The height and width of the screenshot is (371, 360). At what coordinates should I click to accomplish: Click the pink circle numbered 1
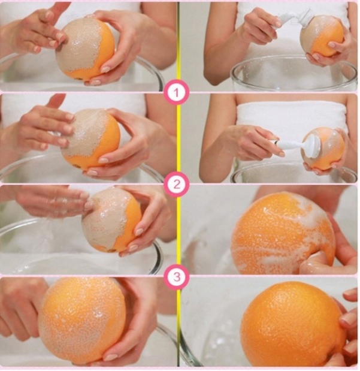177,92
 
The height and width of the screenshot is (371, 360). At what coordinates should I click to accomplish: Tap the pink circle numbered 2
177,185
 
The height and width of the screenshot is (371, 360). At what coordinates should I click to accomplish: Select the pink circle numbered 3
177,276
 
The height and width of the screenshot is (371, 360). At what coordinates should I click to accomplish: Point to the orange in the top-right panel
322,35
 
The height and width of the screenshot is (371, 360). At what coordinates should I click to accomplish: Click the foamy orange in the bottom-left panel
82,321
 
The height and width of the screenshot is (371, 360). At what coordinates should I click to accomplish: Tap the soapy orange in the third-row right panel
283,234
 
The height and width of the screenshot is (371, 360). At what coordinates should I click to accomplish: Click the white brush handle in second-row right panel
288,144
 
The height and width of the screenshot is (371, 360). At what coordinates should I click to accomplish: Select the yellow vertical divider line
179,185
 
